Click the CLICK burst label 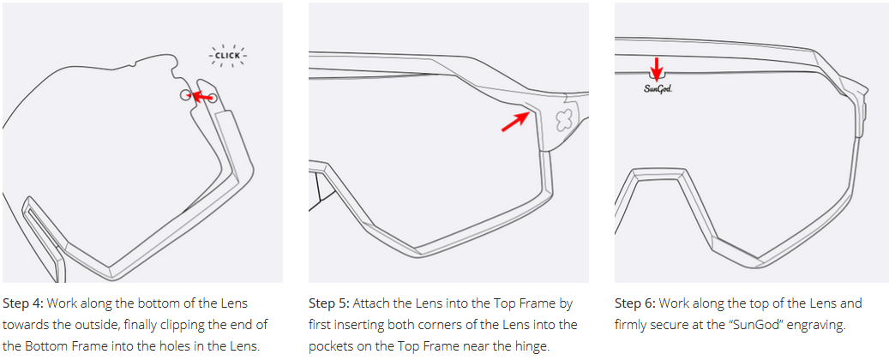pos(227,56)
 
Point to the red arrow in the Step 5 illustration pos(516,122)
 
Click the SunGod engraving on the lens pos(658,88)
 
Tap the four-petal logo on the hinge pos(563,119)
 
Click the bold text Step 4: pos(23,303)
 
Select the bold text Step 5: pos(329,303)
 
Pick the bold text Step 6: pos(635,303)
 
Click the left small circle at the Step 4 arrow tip pos(185,95)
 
